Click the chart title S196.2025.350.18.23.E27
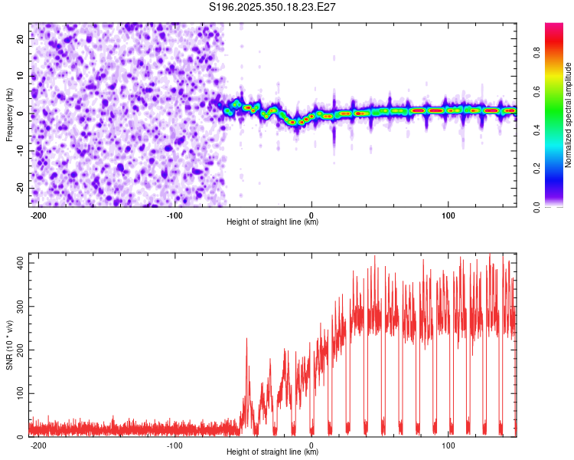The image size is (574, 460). pyautogui.click(x=273, y=7)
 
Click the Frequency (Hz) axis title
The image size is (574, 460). pyautogui.click(x=9, y=115)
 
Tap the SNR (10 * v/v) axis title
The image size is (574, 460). pyautogui.click(x=9, y=345)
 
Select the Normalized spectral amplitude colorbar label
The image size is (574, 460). pyautogui.click(x=569, y=115)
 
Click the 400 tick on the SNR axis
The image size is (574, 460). pyautogui.click(x=19, y=262)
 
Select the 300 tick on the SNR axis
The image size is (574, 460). pyautogui.click(x=19, y=306)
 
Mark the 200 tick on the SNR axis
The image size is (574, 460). pyautogui.click(x=19, y=350)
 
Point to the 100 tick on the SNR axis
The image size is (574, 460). pyautogui.click(x=19, y=393)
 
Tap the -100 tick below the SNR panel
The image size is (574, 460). pyautogui.click(x=174, y=445)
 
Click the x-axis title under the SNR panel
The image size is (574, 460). pyautogui.click(x=272, y=452)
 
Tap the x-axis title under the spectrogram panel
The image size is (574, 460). pyautogui.click(x=272, y=222)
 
